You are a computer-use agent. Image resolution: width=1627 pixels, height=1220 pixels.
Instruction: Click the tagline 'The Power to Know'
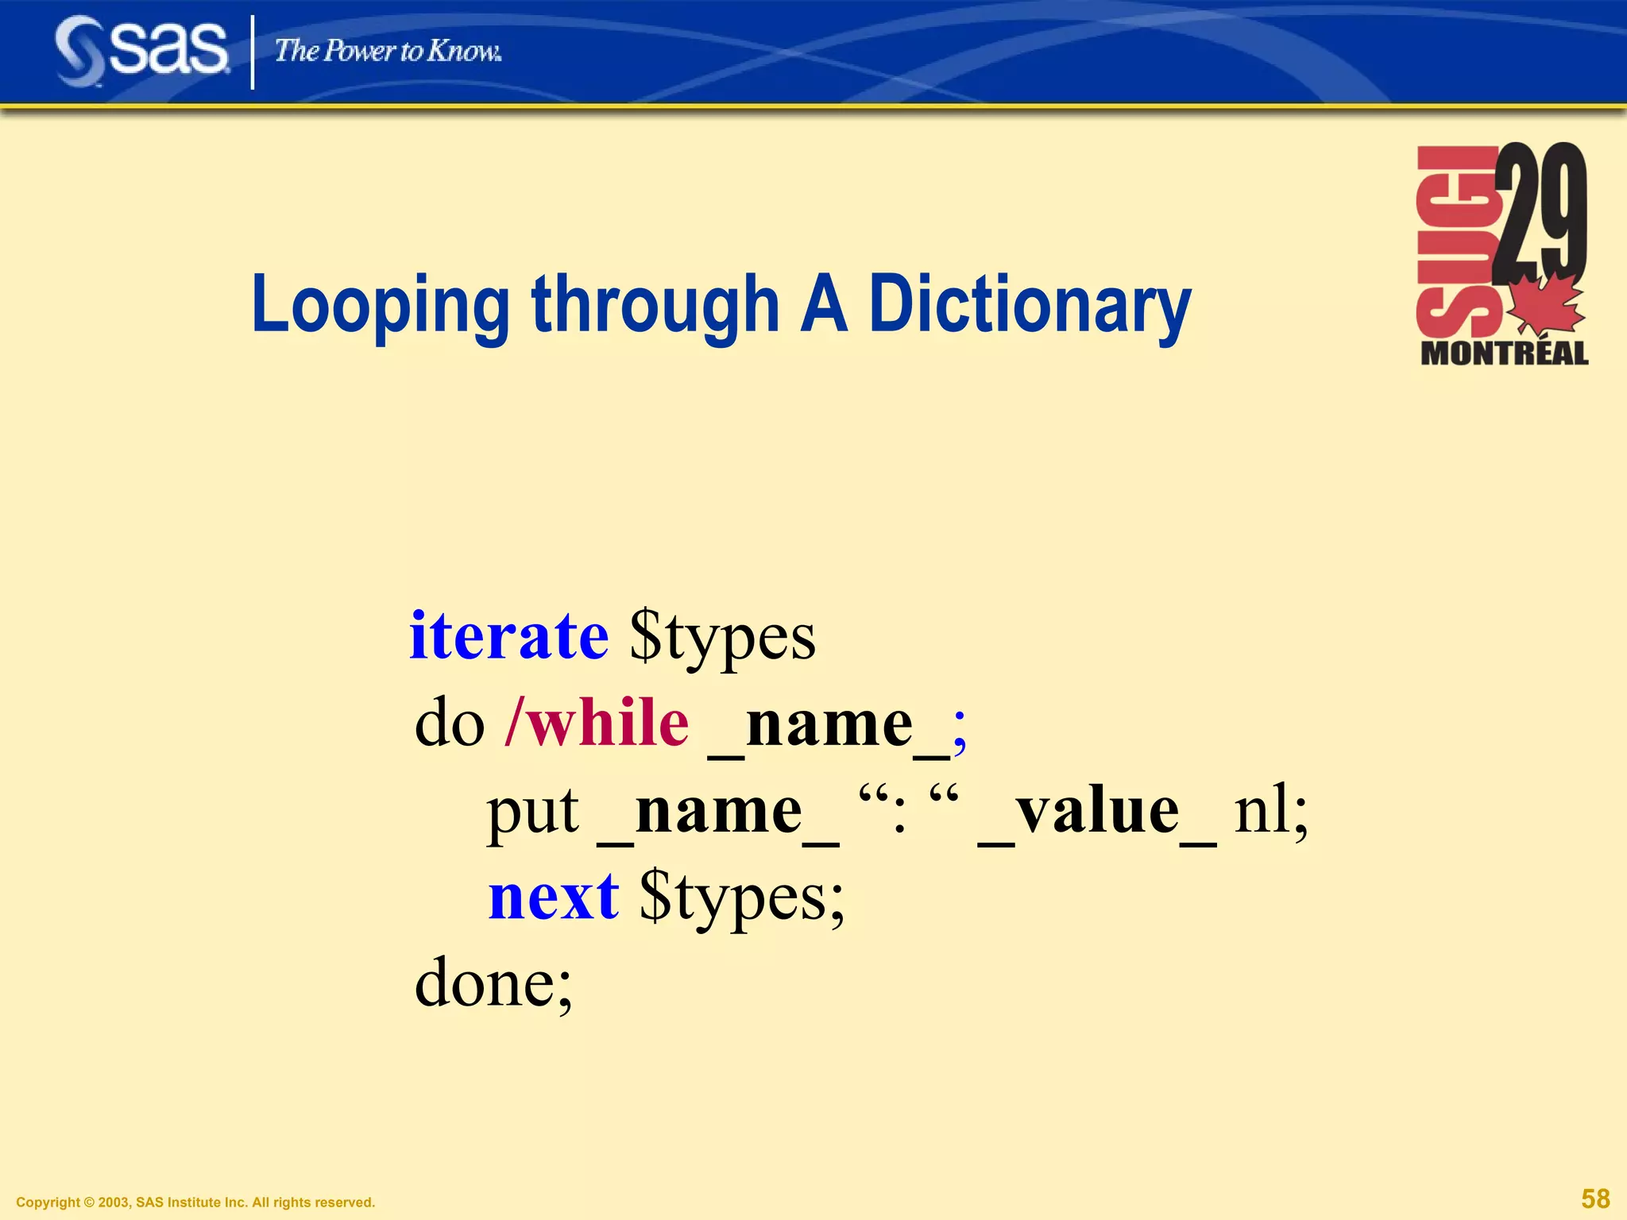pyautogui.click(x=388, y=52)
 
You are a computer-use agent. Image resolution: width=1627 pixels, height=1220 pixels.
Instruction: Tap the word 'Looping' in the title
pyautogui.click(x=380, y=305)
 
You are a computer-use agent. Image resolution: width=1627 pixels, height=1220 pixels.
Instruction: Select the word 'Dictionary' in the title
pyautogui.click(x=1030, y=305)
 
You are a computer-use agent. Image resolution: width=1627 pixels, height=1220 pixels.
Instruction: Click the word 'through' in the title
pyautogui.click(x=655, y=305)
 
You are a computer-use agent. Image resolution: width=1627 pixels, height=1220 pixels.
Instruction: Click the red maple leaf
pyautogui.click(x=1545, y=306)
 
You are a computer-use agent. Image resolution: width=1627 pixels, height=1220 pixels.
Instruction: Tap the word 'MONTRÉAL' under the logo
pyautogui.click(x=1504, y=353)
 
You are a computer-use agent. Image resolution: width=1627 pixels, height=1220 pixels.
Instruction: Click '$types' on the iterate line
pyautogui.click(x=722, y=637)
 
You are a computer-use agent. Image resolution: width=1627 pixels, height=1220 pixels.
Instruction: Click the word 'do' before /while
pyautogui.click(x=450, y=724)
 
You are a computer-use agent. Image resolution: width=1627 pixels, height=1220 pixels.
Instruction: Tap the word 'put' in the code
pyautogui.click(x=532, y=812)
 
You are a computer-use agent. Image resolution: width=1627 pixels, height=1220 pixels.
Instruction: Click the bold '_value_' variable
pyautogui.click(x=1096, y=812)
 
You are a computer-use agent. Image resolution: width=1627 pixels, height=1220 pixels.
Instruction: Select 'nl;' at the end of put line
pyautogui.click(x=1270, y=812)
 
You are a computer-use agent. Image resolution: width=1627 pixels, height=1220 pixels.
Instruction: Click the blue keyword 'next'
pyautogui.click(x=553, y=898)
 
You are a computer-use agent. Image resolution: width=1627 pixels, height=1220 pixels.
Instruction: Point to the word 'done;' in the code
pyautogui.click(x=493, y=983)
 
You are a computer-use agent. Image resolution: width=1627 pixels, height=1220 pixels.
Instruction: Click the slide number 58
pyautogui.click(x=1595, y=1198)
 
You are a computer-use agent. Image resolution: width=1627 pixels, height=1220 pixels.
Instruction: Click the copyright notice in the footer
pyautogui.click(x=195, y=1203)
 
